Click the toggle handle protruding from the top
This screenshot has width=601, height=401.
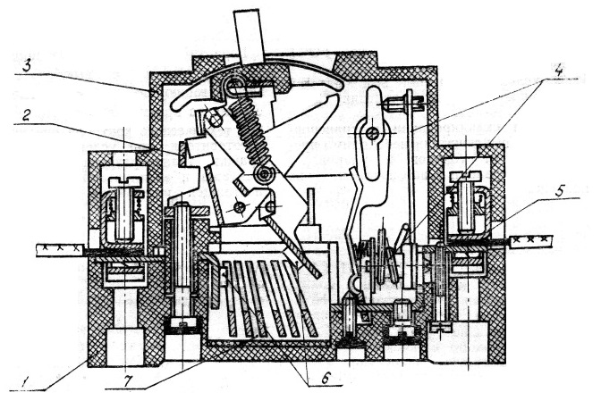(250, 35)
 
